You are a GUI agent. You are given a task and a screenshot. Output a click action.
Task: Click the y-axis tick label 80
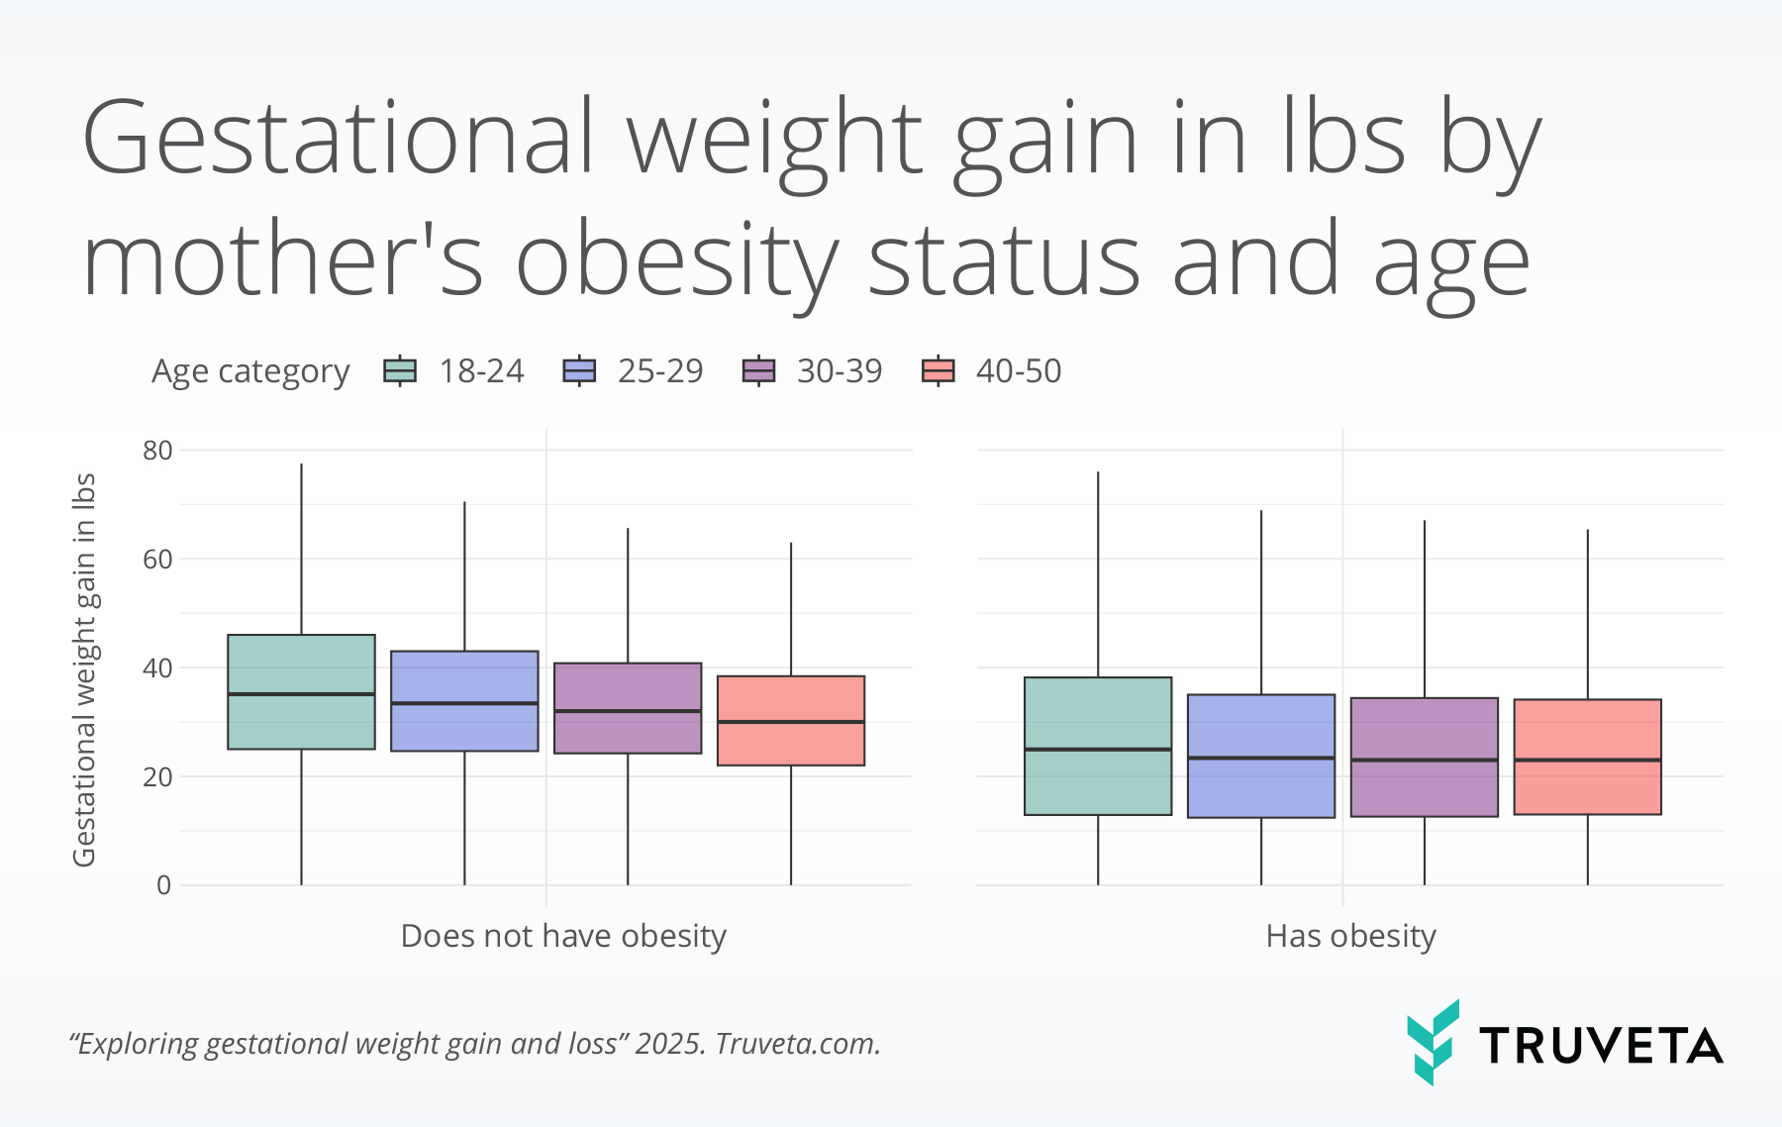(157, 451)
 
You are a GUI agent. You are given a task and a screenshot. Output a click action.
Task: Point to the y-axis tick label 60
(157, 560)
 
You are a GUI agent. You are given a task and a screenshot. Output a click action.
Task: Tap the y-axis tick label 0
(163, 885)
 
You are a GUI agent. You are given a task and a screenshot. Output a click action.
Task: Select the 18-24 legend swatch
(400, 371)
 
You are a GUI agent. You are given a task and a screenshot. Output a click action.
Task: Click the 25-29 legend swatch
(579, 371)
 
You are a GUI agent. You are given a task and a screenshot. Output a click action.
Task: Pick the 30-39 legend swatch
(758, 371)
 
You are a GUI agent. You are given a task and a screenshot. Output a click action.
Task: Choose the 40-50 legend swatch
(938, 371)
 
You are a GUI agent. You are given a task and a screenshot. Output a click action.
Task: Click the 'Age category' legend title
(250, 371)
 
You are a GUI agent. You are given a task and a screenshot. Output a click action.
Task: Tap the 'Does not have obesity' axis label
(563, 936)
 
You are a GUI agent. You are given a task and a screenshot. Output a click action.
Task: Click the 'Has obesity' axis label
(1350, 936)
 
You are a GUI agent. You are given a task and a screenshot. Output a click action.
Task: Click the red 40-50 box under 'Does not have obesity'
(791, 743)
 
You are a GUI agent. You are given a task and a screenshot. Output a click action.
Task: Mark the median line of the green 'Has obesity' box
(1098, 750)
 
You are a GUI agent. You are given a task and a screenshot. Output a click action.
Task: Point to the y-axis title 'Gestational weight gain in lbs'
(84, 668)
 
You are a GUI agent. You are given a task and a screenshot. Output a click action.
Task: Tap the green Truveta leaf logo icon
(1433, 1042)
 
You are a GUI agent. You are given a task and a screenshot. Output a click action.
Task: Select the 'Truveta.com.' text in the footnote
(798, 1044)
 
